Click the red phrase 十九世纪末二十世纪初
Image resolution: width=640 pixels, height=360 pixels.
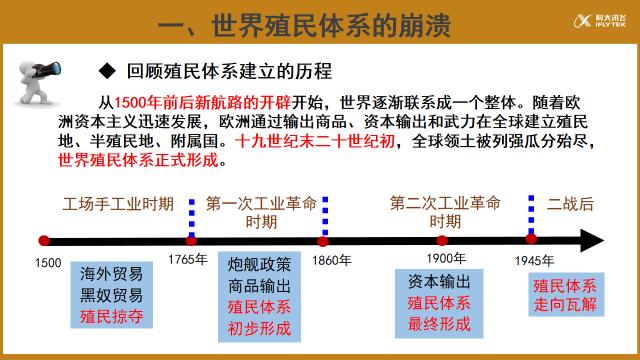315,142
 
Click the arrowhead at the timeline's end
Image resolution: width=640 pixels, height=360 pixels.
592,241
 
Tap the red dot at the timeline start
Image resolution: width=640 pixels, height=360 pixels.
43,241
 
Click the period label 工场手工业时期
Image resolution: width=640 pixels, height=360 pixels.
117,204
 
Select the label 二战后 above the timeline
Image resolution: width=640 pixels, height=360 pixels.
570,204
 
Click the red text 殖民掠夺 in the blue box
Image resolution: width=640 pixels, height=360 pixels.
112,318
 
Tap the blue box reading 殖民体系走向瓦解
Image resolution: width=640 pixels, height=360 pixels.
565,294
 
